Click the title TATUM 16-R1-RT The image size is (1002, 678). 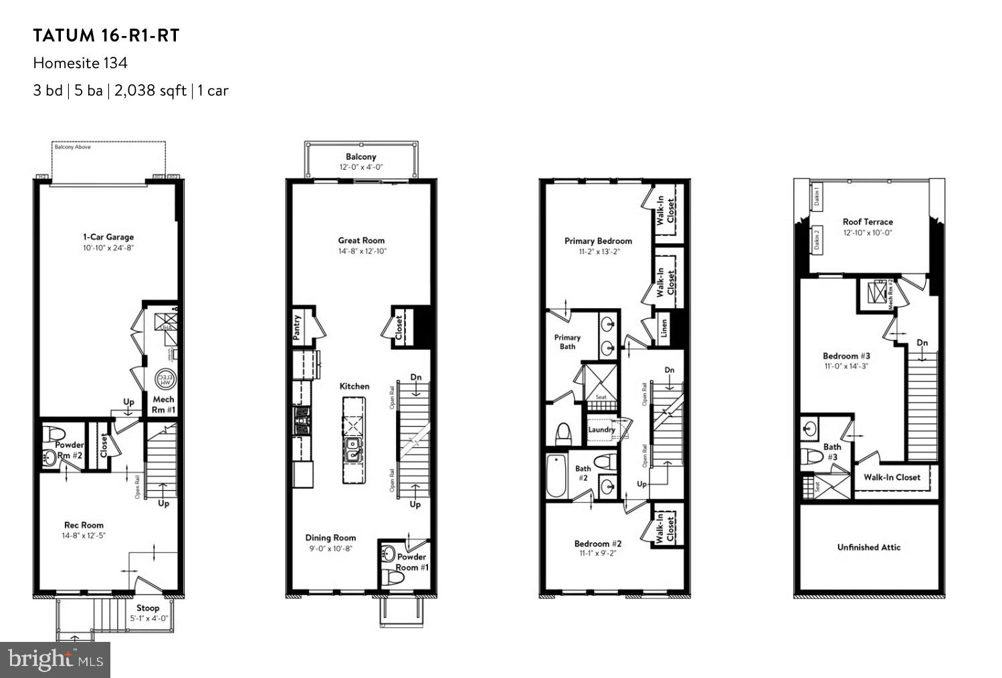[x=106, y=36]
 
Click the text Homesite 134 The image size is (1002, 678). [x=80, y=64]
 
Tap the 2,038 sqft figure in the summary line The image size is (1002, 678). [x=150, y=91]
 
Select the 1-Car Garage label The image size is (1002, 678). [x=108, y=237]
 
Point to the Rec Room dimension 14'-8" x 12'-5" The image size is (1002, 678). [x=84, y=536]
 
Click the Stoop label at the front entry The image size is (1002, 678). [x=148, y=608]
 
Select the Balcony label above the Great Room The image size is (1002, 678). [x=361, y=156]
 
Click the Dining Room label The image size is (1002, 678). [x=330, y=538]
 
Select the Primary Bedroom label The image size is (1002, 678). [x=598, y=241]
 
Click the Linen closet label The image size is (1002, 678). [x=664, y=328]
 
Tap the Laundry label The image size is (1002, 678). [x=601, y=429]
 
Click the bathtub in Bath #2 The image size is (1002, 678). [x=556, y=475]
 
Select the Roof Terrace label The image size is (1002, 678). [x=868, y=221]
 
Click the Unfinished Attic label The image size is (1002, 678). [x=869, y=547]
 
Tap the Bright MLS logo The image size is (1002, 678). [x=56, y=660]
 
